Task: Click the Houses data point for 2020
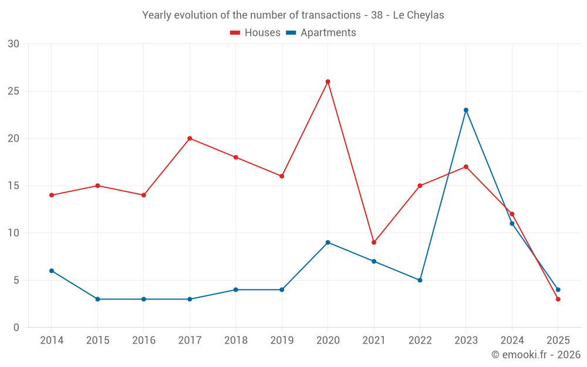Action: click(x=328, y=82)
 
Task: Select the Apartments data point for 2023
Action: click(x=466, y=110)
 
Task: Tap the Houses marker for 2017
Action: click(x=190, y=139)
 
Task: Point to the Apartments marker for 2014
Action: click(x=52, y=271)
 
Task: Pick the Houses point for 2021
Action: click(x=374, y=243)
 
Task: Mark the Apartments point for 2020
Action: click(x=328, y=243)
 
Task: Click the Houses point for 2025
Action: click(x=558, y=299)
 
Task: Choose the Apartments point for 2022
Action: click(x=420, y=280)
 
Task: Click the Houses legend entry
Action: click(x=255, y=33)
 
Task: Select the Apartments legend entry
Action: click(x=321, y=33)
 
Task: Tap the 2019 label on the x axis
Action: click(x=282, y=341)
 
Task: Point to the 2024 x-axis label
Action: click(x=512, y=341)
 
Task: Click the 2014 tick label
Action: click(x=52, y=341)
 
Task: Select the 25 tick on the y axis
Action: click(x=13, y=92)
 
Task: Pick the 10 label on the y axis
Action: click(x=13, y=233)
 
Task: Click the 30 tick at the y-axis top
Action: click(x=13, y=44)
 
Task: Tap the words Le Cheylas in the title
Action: click(x=419, y=15)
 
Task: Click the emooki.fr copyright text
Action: click(x=536, y=355)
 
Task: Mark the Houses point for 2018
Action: click(x=235, y=157)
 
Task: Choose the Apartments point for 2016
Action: click(x=144, y=299)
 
